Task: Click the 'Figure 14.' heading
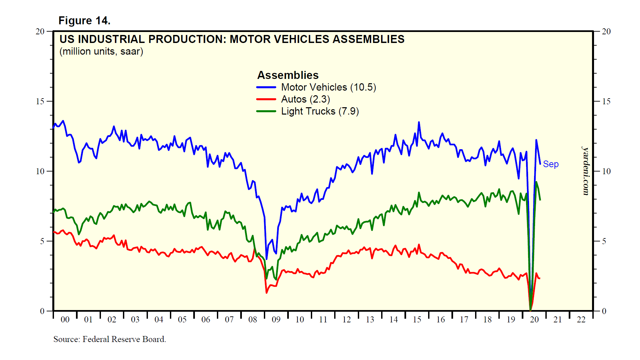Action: coord(84,21)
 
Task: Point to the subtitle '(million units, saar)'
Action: coord(101,52)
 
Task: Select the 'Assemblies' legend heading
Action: coord(288,75)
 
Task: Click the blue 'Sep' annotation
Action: coord(550,164)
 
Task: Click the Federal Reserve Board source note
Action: coord(110,339)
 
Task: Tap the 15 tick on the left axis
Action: coord(40,101)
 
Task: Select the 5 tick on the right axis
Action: coord(604,241)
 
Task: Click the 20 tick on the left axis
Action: coord(40,31)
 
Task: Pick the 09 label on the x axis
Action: coord(276,320)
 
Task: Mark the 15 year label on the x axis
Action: coord(417,320)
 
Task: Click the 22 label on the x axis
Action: coord(581,320)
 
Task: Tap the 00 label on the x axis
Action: coord(65,320)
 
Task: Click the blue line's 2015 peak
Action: coord(419,122)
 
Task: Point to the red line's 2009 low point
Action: coord(267,293)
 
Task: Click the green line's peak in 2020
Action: coord(536,182)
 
